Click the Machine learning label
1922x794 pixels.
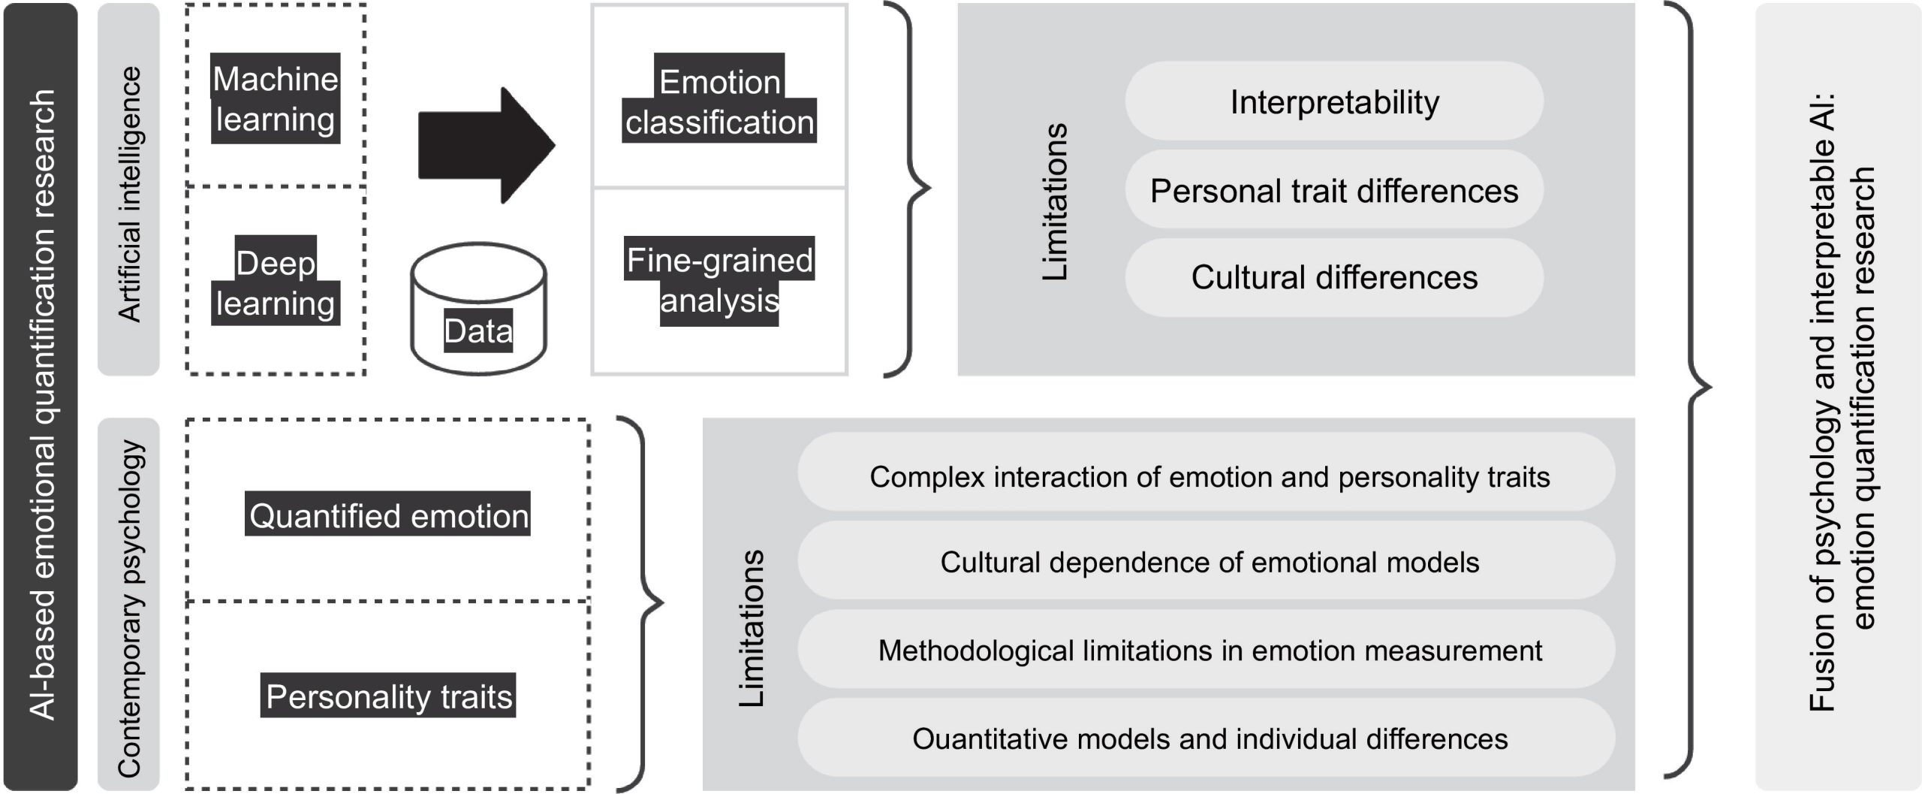tap(276, 98)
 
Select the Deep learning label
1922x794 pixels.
tap(276, 282)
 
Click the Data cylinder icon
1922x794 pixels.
tap(478, 309)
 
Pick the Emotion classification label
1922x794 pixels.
tap(719, 101)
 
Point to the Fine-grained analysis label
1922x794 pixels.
tap(719, 280)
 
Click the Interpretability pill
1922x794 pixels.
tap(1334, 101)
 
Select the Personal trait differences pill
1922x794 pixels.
tap(1334, 190)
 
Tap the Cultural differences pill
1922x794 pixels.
tap(1334, 277)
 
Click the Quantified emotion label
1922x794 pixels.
tap(388, 515)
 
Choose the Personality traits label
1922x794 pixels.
tap(388, 696)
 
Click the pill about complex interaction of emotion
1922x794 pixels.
tap(1209, 476)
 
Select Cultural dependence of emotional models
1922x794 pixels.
tap(1209, 562)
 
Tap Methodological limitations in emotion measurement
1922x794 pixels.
tap(1209, 650)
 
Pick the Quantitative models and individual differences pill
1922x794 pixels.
tap(1209, 738)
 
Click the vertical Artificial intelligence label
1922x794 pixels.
tap(129, 193)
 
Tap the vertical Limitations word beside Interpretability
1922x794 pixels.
tap(1055, 201)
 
